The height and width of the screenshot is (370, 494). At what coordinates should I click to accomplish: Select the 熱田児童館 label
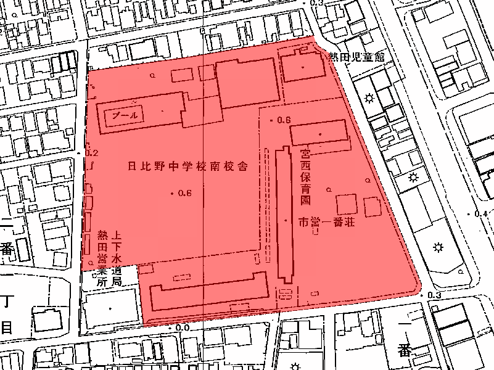[x=356, y=57]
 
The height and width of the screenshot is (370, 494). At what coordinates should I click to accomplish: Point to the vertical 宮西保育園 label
[x=305, y=176]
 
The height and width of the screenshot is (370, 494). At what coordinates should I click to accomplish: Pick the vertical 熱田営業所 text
[x=103, y=258]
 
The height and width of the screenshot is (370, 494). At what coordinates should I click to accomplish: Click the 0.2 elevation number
[x=92, y=153]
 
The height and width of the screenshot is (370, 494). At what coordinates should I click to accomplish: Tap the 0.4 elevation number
[x=480, y=214]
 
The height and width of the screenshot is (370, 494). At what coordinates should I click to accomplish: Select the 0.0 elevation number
[x=182, y=328]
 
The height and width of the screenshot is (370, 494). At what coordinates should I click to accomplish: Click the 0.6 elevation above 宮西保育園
[x=284, y=120]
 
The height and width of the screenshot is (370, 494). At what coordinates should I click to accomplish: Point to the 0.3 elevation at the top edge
[x=317, y=4]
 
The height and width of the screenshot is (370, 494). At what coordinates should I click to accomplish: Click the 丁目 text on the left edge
[x=7, y=314]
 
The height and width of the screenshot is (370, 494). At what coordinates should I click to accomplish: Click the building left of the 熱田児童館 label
[x=302, y=67]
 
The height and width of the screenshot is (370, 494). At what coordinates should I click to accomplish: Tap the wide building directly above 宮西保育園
[x=319, y=134]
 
